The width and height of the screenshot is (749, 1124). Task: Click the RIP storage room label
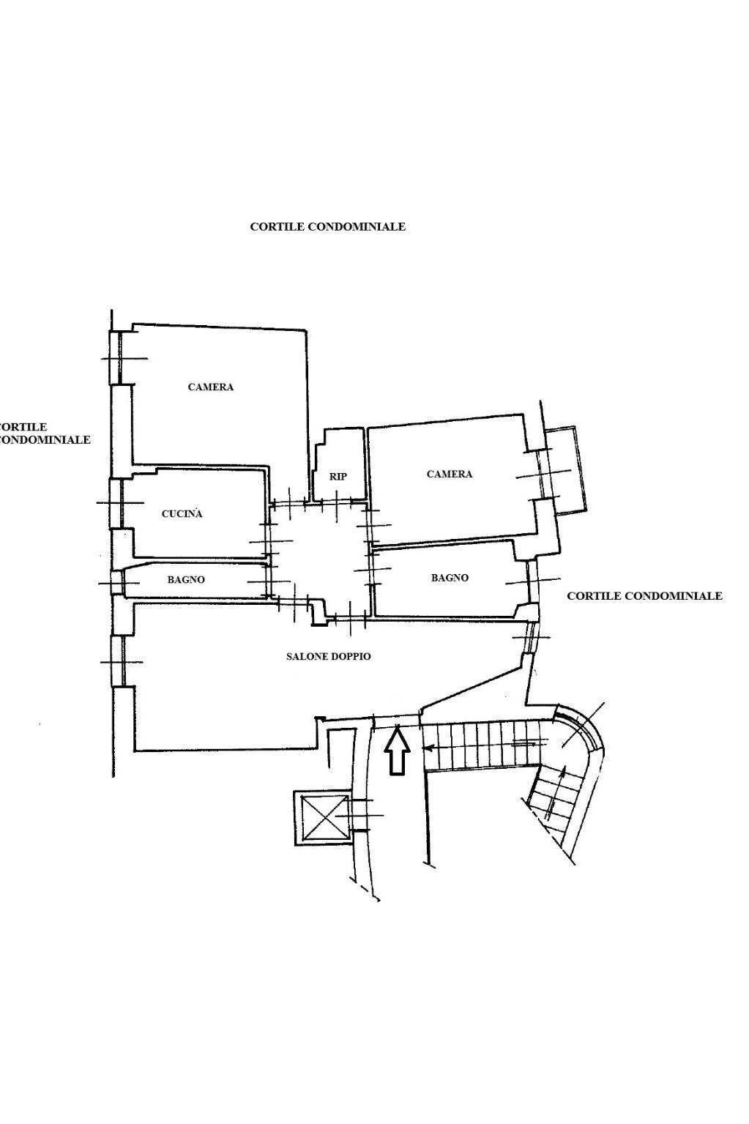[x=338, y=477]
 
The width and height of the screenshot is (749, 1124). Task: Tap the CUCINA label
[x=182, y=513]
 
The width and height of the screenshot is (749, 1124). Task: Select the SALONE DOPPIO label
[x=328, y=656]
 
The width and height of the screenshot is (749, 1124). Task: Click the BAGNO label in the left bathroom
[x=186, y=579]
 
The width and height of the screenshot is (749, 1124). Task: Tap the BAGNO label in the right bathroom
[x=450, y=578]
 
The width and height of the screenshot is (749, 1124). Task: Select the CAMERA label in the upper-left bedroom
[x=211, y=387]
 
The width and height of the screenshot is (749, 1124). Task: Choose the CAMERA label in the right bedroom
[x=450, y=474]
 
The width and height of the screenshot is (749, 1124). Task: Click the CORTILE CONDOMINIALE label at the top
[x=327, y=227]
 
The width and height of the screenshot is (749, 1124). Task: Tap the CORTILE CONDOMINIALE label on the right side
[x=644, y=595]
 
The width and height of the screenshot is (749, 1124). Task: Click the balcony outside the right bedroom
[x=566, y=472]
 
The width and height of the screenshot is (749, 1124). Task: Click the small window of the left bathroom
[x=116, y=583]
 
